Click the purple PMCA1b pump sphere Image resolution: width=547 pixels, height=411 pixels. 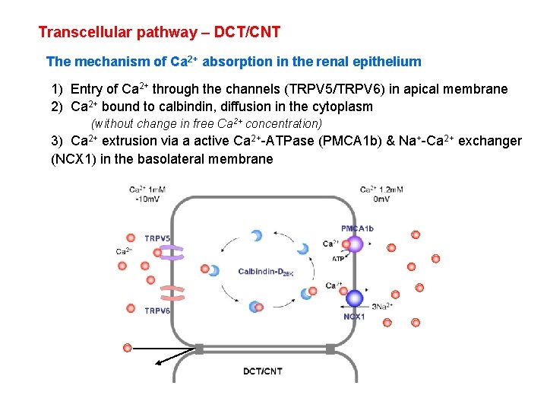coord(354,244)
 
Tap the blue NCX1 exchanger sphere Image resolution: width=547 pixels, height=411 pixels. coord(354,298)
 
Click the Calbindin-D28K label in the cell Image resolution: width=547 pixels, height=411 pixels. coord(265,272)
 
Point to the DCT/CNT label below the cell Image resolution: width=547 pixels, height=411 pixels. coord(263,371)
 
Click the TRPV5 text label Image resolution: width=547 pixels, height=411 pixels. coord(157,237)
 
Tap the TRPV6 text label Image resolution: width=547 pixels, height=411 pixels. coord(157,310)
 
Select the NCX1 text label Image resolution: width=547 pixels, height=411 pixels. coord(354,317)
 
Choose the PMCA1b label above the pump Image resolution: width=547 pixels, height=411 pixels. coord(357,228)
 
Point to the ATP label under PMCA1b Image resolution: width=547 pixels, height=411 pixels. coord(339,259)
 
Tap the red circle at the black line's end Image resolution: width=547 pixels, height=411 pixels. coord(128,348)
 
